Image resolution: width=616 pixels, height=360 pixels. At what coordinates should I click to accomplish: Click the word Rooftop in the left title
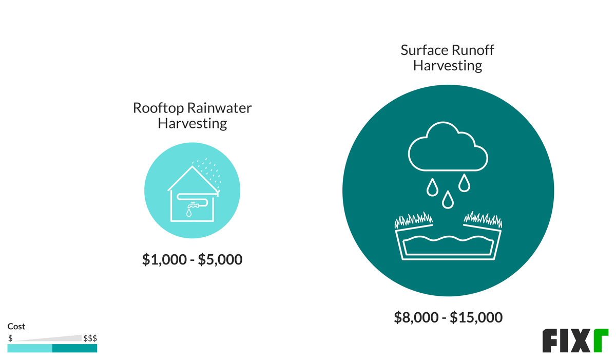159,108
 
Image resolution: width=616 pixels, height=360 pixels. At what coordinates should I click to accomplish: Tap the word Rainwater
220,107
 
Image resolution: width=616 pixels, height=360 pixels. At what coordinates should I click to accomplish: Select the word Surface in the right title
425,50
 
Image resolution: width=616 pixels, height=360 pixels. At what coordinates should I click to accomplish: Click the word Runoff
473,50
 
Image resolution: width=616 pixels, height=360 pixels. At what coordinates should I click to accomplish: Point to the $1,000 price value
164,259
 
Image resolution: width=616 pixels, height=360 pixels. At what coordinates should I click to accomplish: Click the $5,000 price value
220,259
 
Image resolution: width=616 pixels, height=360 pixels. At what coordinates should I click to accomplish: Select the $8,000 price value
416,317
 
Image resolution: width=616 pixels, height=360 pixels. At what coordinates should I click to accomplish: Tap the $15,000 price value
476,317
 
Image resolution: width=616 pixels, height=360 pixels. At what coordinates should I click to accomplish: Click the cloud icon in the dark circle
448,146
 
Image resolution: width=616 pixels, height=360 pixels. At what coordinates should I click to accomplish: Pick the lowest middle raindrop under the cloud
448,200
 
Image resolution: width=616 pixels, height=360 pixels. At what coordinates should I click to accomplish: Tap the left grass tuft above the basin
413,220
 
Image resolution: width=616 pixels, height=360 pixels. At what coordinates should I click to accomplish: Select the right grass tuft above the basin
483,219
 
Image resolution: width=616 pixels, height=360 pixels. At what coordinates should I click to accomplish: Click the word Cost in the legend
16,327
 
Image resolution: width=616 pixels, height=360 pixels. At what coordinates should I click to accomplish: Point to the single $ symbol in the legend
10,338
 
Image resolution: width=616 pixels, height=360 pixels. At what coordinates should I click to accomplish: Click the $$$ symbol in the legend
90,338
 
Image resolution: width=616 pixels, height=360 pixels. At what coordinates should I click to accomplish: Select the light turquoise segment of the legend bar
30,348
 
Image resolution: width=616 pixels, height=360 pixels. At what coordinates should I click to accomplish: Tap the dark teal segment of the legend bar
75,348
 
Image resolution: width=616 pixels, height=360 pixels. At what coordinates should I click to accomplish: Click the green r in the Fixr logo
601,340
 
